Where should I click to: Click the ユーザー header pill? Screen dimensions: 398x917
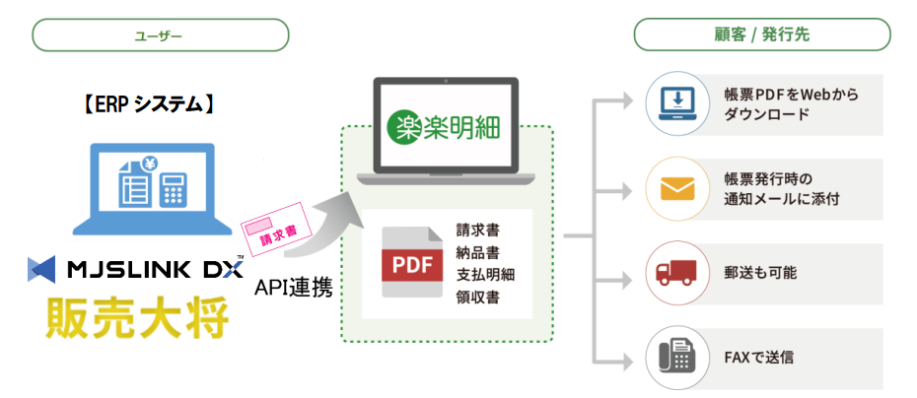[160, 35]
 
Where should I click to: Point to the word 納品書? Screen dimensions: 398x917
[478, 251]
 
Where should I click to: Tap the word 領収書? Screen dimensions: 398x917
[478, 295]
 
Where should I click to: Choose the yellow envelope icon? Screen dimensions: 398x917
[677, 187]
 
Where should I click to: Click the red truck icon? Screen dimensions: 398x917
[677, 272]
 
